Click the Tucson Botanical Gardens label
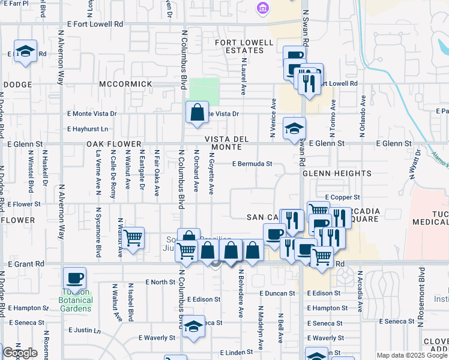click(x=76, y=301)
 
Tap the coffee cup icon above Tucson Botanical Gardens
click(x=75, y=278)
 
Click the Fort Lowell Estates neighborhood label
click(x=240, y=46)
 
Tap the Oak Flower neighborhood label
click(x=113, y=145)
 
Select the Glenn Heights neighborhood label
click(x=337, y=173)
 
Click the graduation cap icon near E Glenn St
click(x=294, y=128)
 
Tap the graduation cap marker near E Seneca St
click(x=193, y=326)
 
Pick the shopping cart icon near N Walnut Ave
click(x=133, y=238)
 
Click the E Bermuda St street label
click(x=253, y=163)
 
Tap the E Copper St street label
click(x=342, y=197)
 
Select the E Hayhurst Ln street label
click(x=88, y=128)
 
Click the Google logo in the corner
click(x=19, y=353)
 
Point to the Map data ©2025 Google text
click(x=412, y=355)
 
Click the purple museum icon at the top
click(x=262, y=8)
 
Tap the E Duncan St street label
click(x=277, y=293)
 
